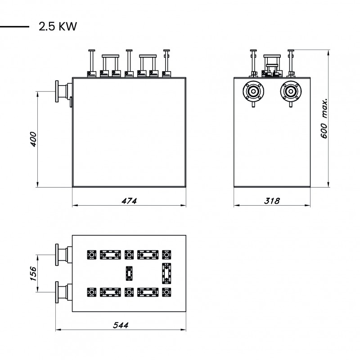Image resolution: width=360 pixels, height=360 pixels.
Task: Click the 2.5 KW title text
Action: (x=58, y=27)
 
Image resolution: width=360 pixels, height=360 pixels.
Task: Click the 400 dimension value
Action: (x=33, y=139)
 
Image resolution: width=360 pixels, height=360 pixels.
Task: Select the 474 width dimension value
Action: (x=129, y=201)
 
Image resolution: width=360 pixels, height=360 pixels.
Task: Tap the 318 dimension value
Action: (x=272, y=201)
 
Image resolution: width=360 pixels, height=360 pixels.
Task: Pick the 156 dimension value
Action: (x=33, y=274)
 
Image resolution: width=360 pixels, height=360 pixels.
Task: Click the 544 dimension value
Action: (x=121, y=325)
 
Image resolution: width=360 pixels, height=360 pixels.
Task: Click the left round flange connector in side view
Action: (x=253, y=91)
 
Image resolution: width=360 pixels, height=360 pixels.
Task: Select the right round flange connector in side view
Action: (x=291, y=91)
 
